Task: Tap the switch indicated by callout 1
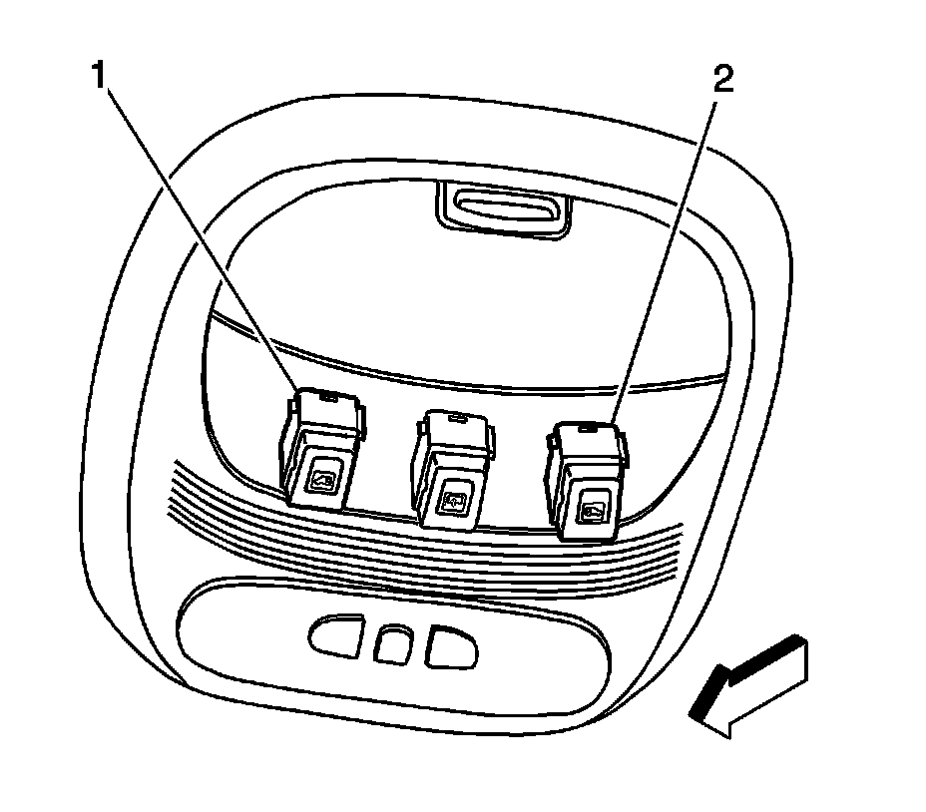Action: [x=319, y=449]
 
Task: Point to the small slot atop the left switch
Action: [x=325, y=396]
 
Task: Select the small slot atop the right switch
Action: [x=590, y=429]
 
